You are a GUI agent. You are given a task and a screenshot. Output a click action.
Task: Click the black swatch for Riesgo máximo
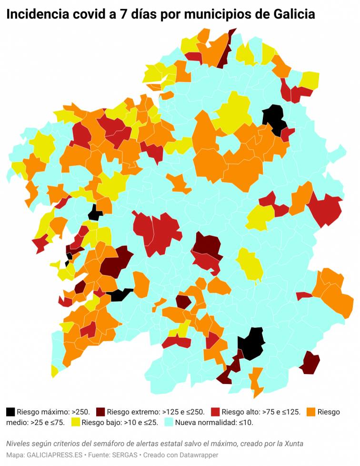pyautogui.click(x=10, y=412)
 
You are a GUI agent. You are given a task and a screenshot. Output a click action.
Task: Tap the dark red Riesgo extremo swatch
pyautogui.click(x=100, y=412)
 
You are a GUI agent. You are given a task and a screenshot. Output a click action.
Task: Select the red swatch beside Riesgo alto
pyautogui.click(x=215, y=412)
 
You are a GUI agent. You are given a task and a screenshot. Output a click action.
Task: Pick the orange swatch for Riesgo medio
pyautogui.click(x=311, y=412)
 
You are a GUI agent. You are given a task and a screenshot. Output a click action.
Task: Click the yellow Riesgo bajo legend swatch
pyautogui.click(x=76, y=422)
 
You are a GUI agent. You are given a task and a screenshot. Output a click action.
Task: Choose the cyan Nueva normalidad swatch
pyautogui.click(x=169, y=422)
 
